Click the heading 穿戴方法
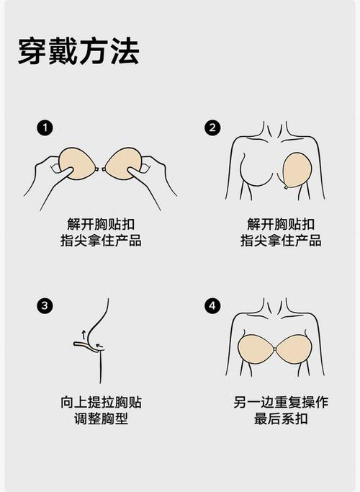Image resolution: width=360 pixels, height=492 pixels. pyautogui.click(x=78, y=51)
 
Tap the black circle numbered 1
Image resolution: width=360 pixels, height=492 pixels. pyautogui.click(x=45, y=128)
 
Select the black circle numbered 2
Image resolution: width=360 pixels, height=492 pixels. pyautogui.click(x=212, y=128)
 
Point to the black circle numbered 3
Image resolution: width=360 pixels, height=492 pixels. pyautogui.click(x=45, y=305)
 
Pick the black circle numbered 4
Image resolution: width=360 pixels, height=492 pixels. pyautogui.click(x=212, y=305)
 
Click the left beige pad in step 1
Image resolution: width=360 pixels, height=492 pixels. pyautogui.click(x=76, y=164)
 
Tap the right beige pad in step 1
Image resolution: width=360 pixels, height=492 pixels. pyautogui.click(x=124, y=164)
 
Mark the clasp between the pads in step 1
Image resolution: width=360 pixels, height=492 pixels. pyautogui.click(x=100, y=169)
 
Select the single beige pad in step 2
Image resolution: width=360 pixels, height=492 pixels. pyautogui.click(x=297, y=170)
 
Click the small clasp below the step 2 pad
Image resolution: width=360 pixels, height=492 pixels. pyautogui.click(x=286, y=187)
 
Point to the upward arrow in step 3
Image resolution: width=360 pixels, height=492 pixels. pyautogui.click(x=84, y=334)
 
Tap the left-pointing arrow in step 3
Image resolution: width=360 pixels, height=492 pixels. pyautogui.click(x=99, y=346)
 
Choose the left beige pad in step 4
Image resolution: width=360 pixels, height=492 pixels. pyautogui.click(x=256, y=349)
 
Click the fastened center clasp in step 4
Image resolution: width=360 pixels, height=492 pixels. pyautogui.click(x=276, y=349)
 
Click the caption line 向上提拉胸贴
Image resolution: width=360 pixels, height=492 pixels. pyautogui.click(x=101, y=402)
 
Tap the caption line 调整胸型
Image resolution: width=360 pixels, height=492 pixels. pyautogui.click(x=101, y=419)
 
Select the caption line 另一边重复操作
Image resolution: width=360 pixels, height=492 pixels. pyautogui.click(x=281, y=402)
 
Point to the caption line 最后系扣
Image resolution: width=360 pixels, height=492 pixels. pyautogui.click(x=281, y=419)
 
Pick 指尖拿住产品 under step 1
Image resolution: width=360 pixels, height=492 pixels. pyautogui.click(x=101, y=241)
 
